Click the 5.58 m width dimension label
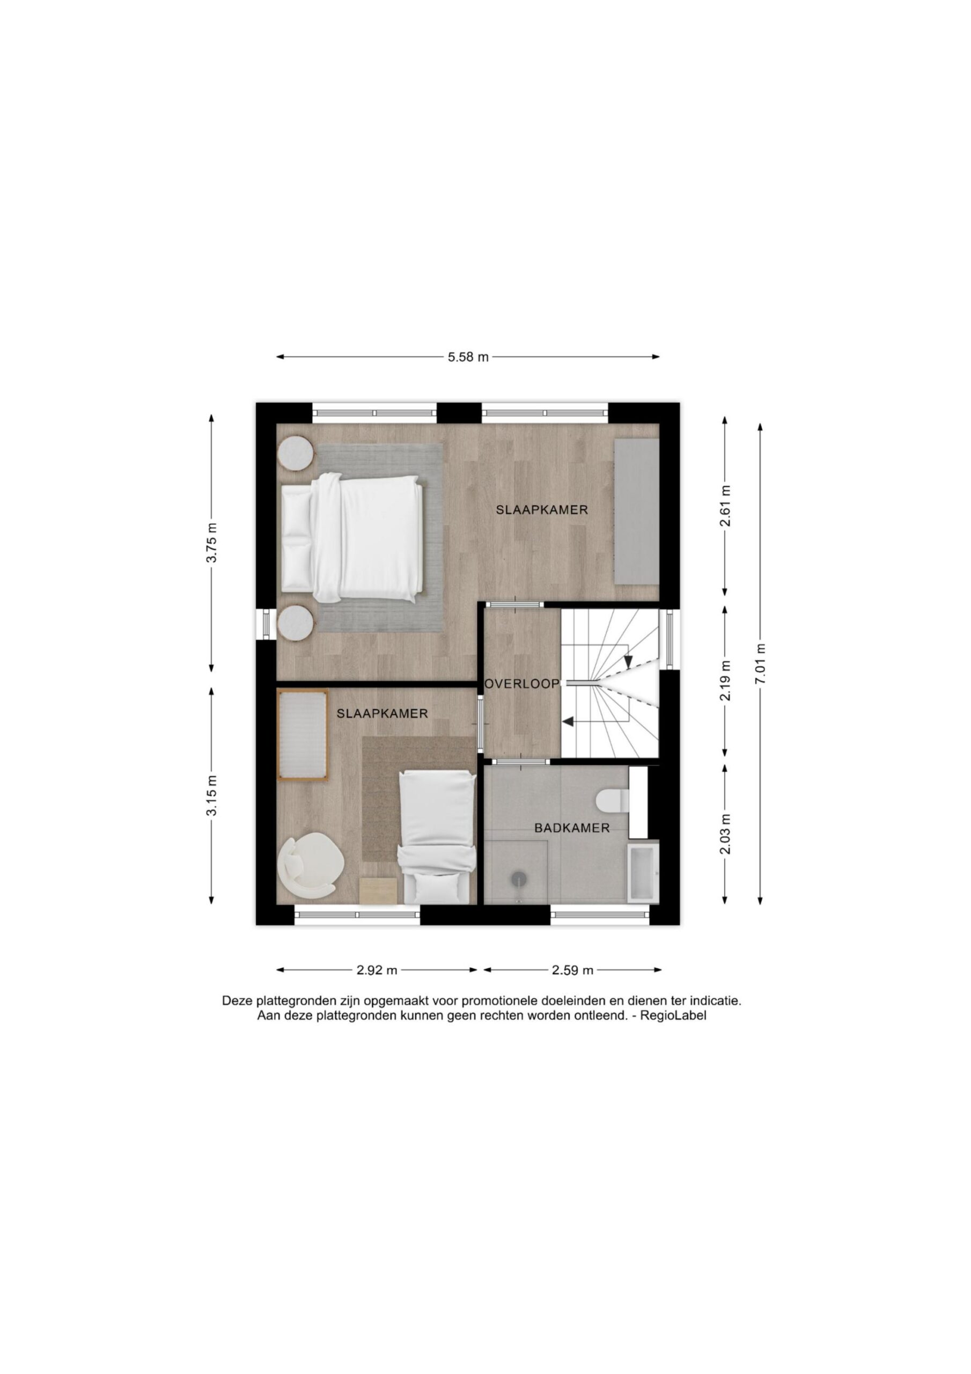point(468,357)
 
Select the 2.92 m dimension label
point(377,970)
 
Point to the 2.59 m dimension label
point(572,970)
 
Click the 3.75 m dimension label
point(212,543)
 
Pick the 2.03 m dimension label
point(725,834)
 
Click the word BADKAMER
point(572,828)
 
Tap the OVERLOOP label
point(521,683)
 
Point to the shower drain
point(518,879)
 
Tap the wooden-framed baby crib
point(303,735)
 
